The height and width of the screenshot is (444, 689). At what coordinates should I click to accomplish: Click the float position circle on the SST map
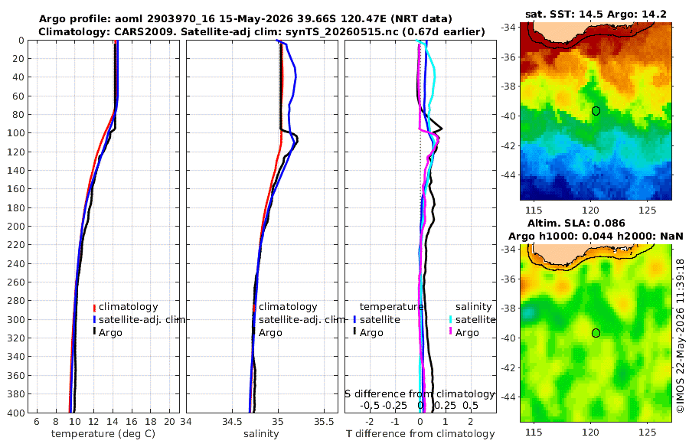[596, 111]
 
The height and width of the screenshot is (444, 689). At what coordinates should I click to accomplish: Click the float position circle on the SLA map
[596, 333]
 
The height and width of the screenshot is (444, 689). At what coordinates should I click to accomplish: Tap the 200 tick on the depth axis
[16, 226]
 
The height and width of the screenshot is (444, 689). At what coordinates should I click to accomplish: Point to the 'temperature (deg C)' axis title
[103, 434]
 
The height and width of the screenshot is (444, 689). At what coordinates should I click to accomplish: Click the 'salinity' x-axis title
[261, 434]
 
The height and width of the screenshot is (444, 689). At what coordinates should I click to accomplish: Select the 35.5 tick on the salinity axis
[324, 422]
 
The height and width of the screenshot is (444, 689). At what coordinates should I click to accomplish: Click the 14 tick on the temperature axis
[113, 422]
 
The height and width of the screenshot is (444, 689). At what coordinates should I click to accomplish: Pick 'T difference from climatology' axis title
[420, 434]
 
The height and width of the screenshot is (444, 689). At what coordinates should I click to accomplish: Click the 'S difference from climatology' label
[420, 393]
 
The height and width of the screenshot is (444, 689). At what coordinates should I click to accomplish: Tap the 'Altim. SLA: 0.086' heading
[576, 223]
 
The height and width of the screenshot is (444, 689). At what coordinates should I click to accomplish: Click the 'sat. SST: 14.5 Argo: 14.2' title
[596, 14]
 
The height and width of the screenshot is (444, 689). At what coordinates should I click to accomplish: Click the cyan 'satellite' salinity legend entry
[472, 319]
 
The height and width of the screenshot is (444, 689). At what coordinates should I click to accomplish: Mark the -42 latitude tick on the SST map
[508, 145]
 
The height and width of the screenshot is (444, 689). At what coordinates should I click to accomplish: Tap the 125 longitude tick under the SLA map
[648, 432]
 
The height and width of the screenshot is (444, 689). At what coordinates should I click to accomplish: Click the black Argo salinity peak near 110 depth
[297, 140]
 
